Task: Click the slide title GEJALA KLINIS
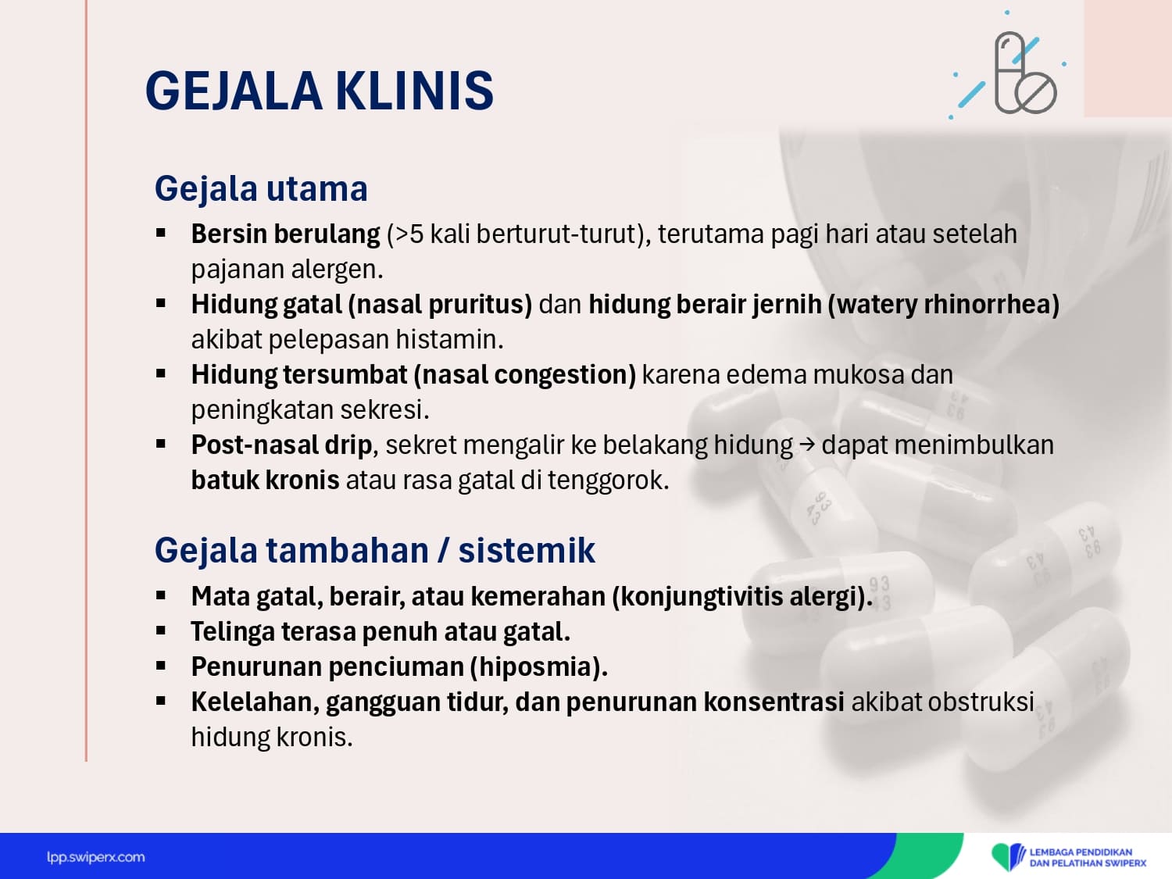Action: (320, 91)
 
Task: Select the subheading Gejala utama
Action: (261, 188)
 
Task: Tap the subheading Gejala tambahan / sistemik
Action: (375, 550)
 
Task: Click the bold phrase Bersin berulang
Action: (286, 234)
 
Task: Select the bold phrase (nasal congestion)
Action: (525, 375)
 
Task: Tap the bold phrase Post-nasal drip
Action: (281, 445)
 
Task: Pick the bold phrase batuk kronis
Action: (266, 480)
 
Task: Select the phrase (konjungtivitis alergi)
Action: (742, 597)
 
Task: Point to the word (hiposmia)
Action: (539, 666)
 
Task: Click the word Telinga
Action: (233, 632)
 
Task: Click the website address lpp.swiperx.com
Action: (95, 858)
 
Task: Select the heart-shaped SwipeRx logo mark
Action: (1008, 856)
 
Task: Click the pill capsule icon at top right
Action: (1025, 73)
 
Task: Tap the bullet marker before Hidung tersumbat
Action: (161, 373)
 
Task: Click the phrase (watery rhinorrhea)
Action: (944, 305)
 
